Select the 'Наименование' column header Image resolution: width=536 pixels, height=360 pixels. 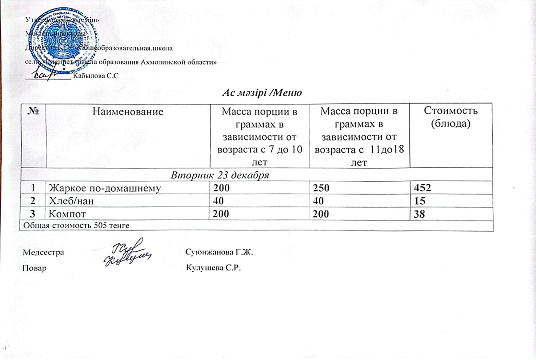click(128, 112)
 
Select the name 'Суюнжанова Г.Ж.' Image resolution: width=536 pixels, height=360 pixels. click(215, 252)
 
